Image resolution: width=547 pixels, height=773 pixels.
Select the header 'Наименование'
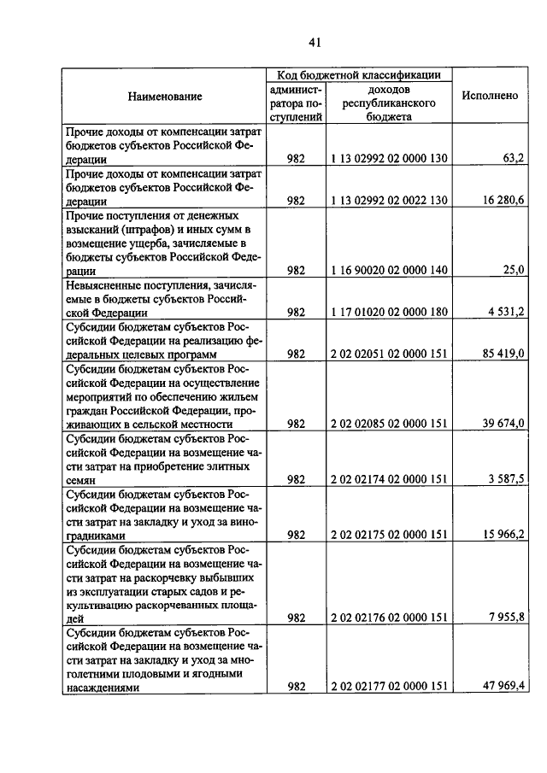point(165,97)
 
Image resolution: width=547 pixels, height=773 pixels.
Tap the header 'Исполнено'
point(490,96)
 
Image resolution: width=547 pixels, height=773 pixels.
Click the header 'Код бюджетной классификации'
point(358,75)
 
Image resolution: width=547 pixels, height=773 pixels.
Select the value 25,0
point(510,270)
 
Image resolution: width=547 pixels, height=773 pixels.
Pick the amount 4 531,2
point(504,312)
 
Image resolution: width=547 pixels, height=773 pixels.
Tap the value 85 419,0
point(502,354)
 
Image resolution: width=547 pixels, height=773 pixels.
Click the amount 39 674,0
point(502,423)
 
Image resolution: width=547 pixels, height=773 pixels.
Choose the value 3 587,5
point(504,479)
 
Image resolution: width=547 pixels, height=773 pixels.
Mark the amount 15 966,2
point(502,535)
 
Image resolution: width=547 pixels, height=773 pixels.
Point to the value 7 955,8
point(504,618)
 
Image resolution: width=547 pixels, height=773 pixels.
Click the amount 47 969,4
point(502,686)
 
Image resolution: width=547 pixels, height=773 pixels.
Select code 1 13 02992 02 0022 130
point(389,201)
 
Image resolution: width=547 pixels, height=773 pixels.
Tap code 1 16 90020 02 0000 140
point(389,270)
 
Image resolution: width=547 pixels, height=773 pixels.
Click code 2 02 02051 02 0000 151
point(389,354)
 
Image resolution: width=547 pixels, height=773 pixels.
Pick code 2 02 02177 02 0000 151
point(389,686)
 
